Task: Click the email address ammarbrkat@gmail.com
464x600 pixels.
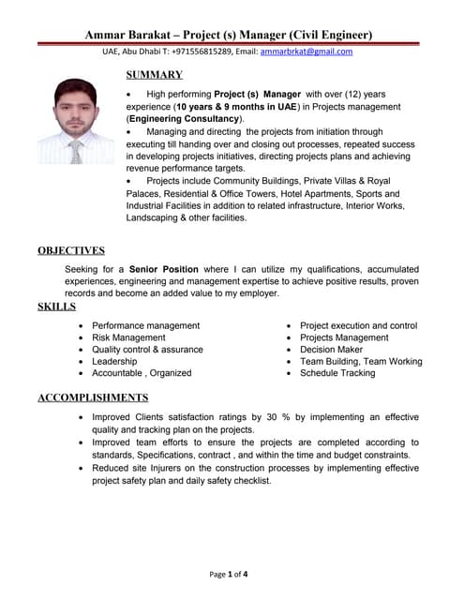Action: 307,52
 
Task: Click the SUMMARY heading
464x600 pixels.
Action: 154,75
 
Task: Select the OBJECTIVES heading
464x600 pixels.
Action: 71,250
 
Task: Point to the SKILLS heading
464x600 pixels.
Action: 56,307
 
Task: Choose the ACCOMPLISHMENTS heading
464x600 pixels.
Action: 93,397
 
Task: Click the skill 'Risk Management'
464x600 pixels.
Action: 128,337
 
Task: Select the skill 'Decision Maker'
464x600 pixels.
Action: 331,350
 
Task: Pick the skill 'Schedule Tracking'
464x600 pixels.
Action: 337,373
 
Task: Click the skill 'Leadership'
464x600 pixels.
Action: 114,361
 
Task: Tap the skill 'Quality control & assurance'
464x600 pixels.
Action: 147,350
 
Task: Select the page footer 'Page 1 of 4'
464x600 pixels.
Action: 230,574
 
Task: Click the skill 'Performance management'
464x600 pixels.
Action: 145,325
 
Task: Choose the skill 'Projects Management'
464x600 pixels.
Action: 344,337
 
